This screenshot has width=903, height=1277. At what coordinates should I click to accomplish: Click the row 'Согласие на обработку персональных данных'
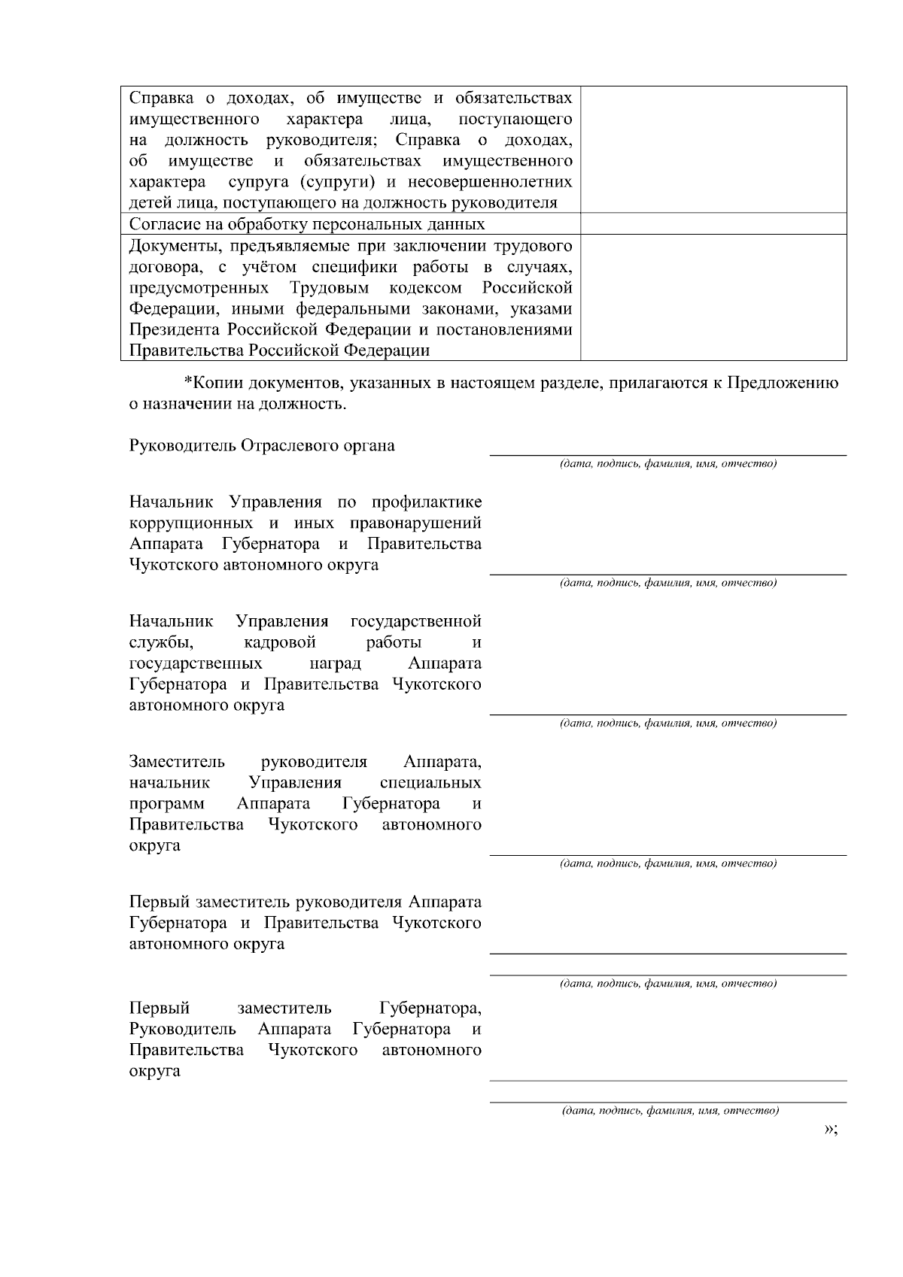307,224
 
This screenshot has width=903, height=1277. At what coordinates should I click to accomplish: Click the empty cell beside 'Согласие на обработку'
713,224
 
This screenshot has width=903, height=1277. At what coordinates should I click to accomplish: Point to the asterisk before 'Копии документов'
188,382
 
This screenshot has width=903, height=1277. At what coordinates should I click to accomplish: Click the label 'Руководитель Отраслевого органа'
262,445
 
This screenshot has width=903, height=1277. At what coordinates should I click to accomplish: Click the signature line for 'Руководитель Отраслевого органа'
668,454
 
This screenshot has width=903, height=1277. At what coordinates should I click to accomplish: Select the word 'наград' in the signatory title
336,663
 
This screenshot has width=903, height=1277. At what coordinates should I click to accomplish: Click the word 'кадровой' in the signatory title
280,642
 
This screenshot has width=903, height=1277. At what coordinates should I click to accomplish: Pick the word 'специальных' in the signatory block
430,782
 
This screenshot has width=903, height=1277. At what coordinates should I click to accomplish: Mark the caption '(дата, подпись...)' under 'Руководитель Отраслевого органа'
668,463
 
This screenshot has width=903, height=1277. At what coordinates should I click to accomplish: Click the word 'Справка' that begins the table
158,98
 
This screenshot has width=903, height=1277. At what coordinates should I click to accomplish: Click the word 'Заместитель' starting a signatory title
177,761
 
